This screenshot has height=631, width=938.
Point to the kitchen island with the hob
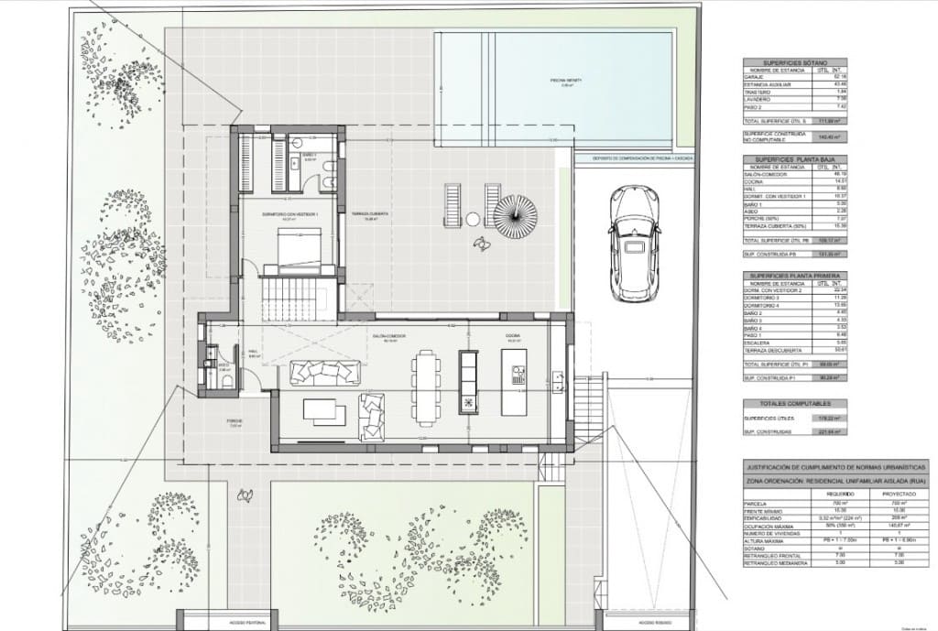516,375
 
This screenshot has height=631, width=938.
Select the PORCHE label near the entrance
234,422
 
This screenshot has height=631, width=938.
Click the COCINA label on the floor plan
512,336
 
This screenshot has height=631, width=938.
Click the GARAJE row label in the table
759,76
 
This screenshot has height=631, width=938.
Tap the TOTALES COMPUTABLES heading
790,403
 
